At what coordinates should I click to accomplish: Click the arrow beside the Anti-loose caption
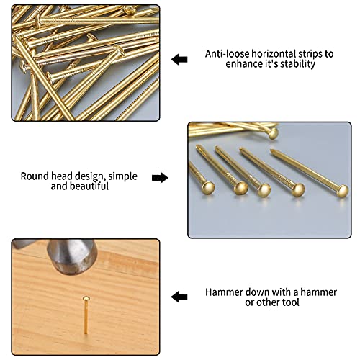[x=179, y=60]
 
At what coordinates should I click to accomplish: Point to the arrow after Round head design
[x=160, y=178]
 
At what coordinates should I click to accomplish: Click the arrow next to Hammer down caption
[x=179, y=297]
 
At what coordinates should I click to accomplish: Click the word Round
[x=35, y=176]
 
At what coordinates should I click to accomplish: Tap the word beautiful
[x=90, y=186]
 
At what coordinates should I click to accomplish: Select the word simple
[x=122, y=177]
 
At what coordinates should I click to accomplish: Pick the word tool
[x=291, y=302]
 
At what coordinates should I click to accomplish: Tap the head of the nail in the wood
[x=86, y=299]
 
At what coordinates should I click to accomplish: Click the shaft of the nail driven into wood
[x=86, y=318]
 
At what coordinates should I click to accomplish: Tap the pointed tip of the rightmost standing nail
[x=271, y=150]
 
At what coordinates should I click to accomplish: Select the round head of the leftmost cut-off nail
[x=208, y=188]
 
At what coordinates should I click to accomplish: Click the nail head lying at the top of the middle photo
[x=273, y=133]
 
